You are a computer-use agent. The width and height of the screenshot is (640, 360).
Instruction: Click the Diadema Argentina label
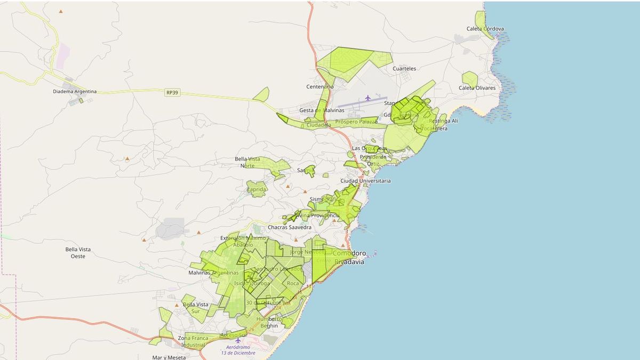(x=75, y=91)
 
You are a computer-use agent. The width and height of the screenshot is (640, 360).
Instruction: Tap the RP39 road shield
(x=172, y=93)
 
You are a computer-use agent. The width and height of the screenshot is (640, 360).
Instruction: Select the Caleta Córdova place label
(x=485, y=29)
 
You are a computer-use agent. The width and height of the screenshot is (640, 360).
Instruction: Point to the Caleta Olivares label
(x=477, y=88)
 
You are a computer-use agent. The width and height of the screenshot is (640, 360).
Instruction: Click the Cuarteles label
(x=404, y=69)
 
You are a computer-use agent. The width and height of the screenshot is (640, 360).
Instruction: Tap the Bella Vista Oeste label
(x=78, y=253)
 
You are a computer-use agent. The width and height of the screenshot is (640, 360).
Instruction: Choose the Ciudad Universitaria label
(x=365, y=181)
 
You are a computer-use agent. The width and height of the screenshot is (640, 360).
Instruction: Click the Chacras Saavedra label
(x=289, y=227)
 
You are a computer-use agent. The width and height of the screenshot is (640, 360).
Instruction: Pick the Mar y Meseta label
(x=169, y=357)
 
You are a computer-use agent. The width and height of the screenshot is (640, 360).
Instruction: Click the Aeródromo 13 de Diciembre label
(x=238, y=350)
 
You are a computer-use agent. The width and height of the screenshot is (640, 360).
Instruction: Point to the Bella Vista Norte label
(x=247, y=162)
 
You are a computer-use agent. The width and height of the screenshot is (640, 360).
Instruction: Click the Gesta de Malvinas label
(x=322, y=110)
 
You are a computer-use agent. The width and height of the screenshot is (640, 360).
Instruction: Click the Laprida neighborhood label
(x=257, y=189)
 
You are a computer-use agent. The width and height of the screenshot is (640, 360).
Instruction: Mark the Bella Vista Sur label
(x=196, y=308)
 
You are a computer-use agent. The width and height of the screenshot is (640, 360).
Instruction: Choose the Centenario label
(x=319, y=86)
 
